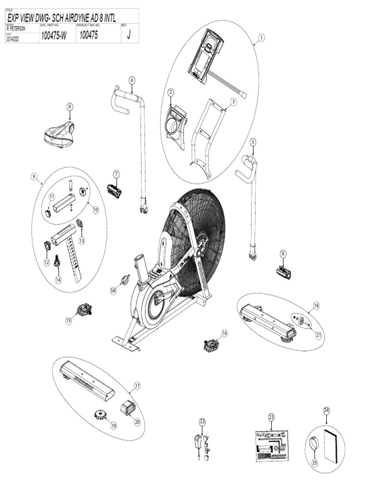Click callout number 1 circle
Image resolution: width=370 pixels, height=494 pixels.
[x=262, y=37]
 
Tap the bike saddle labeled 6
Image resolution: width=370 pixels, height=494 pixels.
[x=59, y=135]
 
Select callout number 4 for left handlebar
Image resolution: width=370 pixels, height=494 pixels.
[x=132, y=80]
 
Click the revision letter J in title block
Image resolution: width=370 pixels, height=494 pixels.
[x=129, y=35]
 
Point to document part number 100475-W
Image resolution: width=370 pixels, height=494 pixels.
[x=53, y=35]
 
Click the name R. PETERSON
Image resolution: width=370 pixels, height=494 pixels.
[x=16, y=29]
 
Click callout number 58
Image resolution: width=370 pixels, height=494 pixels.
[x=113, y=290]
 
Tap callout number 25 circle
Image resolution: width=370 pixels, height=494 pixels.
[x=316, y=462]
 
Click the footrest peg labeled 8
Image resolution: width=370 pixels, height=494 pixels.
[x=284, y=272]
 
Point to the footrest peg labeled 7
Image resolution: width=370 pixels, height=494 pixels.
[x=114, y=192]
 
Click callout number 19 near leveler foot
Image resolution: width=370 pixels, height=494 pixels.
[x=114, y=425]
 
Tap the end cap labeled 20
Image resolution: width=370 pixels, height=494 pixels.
[x=128, y=407]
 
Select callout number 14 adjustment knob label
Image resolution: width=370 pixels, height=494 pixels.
[x=58, y=279]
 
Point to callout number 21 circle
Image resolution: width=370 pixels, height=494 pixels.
[x=318, y=335]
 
